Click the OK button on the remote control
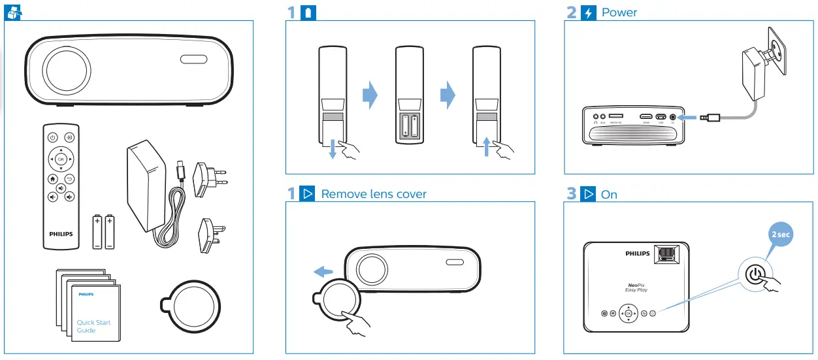pyautogui.click(x=61, y=159)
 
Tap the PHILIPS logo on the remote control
pyautogui.click(x=61, y=233)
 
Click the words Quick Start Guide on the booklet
pyautogui.click(x=93, y=326)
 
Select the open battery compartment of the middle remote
pyautogui.click(x=409, y=127)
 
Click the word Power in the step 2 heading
pyautogui.click(x=619, y=12)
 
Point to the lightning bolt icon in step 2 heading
pyautogui.click(x=588, y=12)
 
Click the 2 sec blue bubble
pyautogui.click(x=779, y=235)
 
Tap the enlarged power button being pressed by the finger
pyautogui.click(x=756, y=275)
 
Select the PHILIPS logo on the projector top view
pyautogui.click(x=638, y=253)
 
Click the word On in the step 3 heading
pyautogui.click(x=609, y=195)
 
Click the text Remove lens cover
pyautogui.click(x=373, y=194)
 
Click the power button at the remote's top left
pyautogui.click(x=52, y=137)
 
